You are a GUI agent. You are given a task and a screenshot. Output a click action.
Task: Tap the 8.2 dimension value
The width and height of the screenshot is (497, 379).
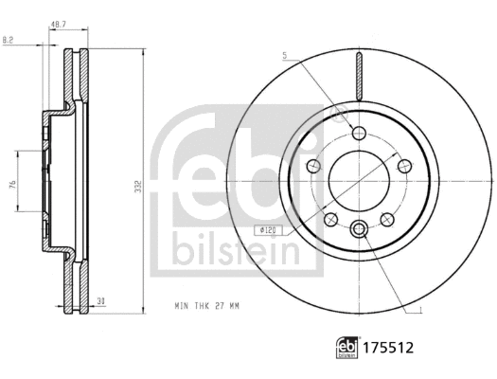click(x=9, y=40)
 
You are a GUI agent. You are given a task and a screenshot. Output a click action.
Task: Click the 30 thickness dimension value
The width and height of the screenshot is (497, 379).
click(x=99, y=300)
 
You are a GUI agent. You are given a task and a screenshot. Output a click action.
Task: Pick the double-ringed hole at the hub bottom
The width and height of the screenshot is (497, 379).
click(x=359, y=229)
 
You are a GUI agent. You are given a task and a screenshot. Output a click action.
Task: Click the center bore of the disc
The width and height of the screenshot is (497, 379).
click(x=359, y=180)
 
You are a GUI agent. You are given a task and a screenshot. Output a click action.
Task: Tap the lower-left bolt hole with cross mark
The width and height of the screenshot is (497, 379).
click(x=330, y=220)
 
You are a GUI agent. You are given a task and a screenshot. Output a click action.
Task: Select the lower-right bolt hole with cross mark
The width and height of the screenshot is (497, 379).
click(x=386, y=220)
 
